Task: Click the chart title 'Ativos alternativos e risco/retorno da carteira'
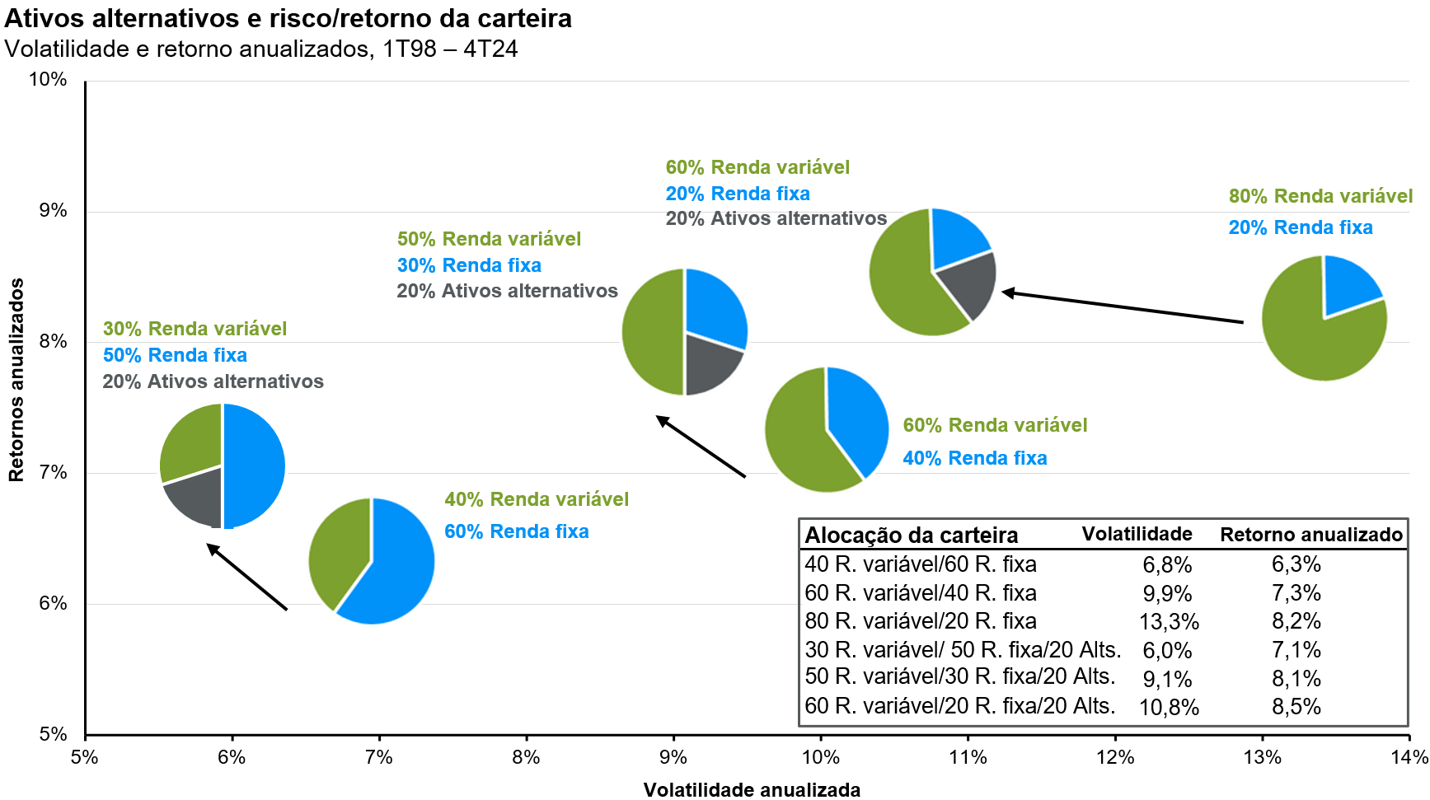[x=288, y=18]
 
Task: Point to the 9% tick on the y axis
[x=53, y=211]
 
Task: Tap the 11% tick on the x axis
[x=968, y=757]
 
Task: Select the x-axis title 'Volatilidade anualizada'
[x=752, y=789]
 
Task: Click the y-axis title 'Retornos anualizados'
[x=16, y=379]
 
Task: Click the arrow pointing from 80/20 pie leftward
[x=1121, y=306]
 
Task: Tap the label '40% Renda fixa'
[x=974, y=458]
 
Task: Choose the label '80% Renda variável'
[x=1320, y=196]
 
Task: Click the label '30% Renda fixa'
[x=469, y=265]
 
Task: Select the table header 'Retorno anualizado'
[x=1310, y=535]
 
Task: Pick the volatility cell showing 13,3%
[x=1169, y=622]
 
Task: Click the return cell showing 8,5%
[x=1296, y=707]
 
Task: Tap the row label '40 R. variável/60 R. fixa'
[x=921, y=564]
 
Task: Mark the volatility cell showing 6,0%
[x=1167, y=651]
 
